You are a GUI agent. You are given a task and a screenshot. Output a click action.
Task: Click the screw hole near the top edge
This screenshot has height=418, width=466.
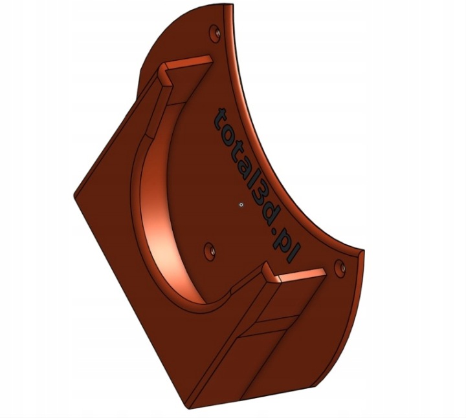(x=215, y=33)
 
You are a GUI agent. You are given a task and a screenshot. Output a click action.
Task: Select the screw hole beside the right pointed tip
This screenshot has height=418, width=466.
(x=340, y=269)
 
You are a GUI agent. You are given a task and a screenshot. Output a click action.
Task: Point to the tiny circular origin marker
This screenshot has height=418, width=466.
(x=241, y=205)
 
